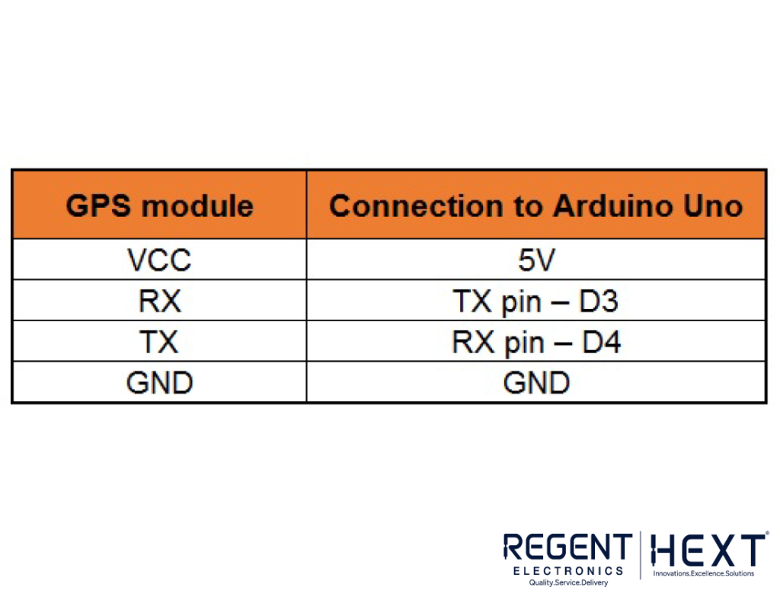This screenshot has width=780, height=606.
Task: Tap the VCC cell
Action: (159, 260)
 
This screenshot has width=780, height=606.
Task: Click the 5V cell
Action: (536, 260)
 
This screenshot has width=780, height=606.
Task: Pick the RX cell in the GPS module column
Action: (159, 301)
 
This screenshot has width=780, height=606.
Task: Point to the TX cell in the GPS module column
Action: (159, 342)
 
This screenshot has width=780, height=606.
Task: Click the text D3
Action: (599, 301)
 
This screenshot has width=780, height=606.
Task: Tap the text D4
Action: (602, 342)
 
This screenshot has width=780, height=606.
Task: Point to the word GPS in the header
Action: (98, 206)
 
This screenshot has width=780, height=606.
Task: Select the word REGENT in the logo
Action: (567, 547)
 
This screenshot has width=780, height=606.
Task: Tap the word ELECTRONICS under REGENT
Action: (568, 571)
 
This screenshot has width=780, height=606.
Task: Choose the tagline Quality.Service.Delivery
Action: (568, 582)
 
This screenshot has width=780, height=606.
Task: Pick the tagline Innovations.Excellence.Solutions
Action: (703, 574)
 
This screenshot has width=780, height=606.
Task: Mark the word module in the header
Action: (197, 206)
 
